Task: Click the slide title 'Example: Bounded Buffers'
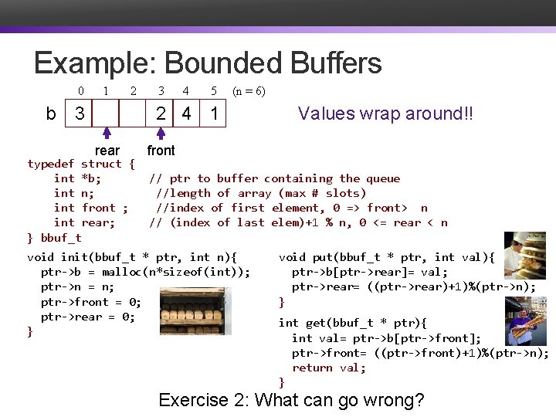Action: point(208,63)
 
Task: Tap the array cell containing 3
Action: point(80,114)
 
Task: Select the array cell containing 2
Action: point(160,114)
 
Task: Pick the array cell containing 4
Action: point(186,114)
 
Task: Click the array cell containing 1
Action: point(213,114)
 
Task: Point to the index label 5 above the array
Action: point(213,91)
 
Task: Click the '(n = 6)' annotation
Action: point(249,91)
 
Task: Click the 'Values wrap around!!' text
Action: point(385,114)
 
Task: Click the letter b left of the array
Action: point(51,114)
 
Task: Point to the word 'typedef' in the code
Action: point(50,164)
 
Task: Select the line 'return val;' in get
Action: point(328,368)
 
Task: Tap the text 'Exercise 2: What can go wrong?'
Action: point(291,400)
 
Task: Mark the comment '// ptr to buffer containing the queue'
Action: point(274,178)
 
